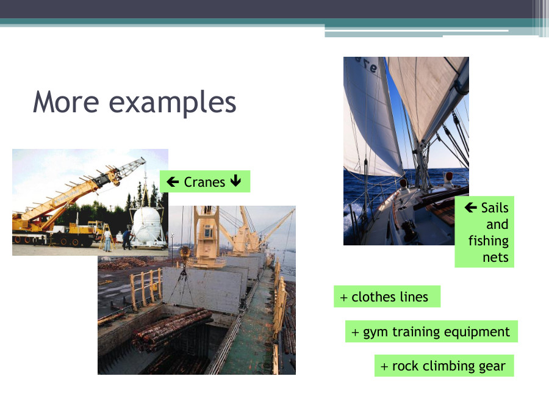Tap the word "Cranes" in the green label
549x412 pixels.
(204, 182)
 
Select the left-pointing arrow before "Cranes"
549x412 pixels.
(173, 182)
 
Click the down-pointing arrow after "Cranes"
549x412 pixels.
(236, 182)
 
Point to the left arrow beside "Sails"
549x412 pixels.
(470, 208)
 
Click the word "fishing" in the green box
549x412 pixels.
(489, 240)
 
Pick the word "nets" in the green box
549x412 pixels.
(495, 257)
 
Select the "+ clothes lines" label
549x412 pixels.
(386, 297)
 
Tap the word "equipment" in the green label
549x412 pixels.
(476, 332)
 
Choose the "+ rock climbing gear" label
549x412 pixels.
(443, 366)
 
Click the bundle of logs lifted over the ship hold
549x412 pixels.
(171, 327)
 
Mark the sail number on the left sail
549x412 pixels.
(365, 66)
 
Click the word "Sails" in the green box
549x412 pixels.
(494, 208)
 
